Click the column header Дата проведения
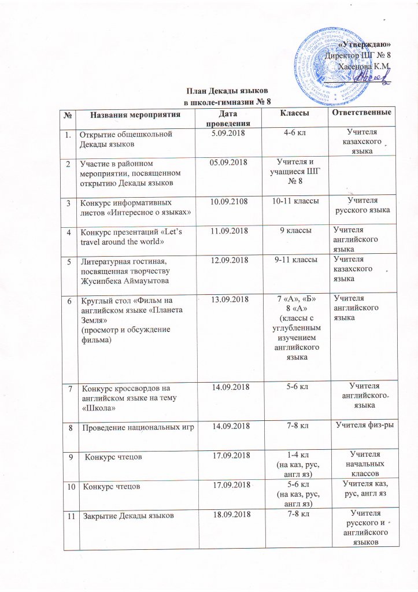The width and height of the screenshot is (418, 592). click(x=232, y=118)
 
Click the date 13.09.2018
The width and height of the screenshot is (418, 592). click(x=232, y=299)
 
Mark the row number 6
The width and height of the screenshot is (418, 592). click(x=71, y=300)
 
